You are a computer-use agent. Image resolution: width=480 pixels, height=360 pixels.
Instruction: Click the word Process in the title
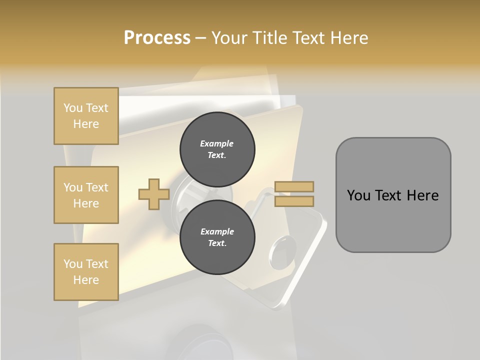pos(157,38)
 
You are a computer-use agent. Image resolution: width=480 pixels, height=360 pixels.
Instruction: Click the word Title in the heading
pos(269,38)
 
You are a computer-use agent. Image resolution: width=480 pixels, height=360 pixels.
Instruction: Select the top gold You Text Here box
pos(86,116)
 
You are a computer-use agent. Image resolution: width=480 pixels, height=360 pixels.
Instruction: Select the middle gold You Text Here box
pos(86,195)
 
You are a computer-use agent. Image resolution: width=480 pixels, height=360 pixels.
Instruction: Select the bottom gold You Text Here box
pos(86,272)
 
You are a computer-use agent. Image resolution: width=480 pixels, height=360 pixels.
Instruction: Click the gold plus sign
pos(153,194)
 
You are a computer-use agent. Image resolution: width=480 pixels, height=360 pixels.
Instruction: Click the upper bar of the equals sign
pos(294,187)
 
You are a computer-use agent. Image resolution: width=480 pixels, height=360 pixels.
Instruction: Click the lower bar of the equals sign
pos(294,201)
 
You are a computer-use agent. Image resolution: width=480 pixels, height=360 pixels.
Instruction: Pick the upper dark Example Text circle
pos(217,149)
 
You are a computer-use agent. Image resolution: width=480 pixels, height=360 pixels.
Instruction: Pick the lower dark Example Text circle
pos(217,237)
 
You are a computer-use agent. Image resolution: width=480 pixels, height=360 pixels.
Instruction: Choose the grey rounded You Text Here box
pos(393,195)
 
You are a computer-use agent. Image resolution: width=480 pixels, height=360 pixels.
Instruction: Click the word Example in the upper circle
pos(217,143)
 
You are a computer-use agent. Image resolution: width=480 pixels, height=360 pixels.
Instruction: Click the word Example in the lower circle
pos(217,231)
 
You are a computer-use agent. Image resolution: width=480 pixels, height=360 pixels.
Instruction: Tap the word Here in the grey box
pos(423,195)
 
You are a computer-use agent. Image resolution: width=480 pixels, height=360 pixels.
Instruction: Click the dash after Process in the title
pos(201,38)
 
